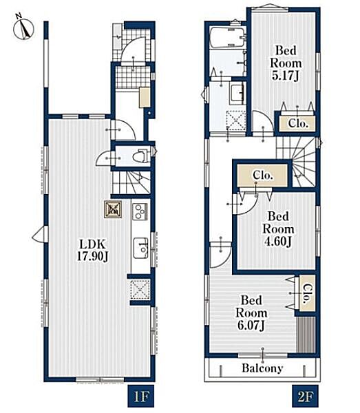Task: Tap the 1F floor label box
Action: (x=141, y=396)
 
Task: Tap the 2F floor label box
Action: (x=305, y=396)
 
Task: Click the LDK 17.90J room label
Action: (x=92, y=251)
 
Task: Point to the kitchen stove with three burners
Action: (x=140, y=211)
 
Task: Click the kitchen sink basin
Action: (x=140, y=248)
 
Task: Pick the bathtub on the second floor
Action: (x=229, y=37)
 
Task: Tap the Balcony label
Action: (x=262, y=368)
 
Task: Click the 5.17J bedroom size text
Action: (x=286, y=76)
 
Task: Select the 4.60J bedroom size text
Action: (x=278, y=242)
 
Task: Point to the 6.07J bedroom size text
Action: (x=251, y=326)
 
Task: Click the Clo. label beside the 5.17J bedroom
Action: (x=298, y=123)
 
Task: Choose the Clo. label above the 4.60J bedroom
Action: (x=262, y=175)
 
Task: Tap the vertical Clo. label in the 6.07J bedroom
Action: (x=307, y=293)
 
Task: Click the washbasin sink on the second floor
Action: (x=238, y=93)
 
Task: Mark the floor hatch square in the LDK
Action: (x=113, y=210)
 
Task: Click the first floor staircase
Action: (x=131, y=182)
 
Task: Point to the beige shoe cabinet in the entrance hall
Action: (x=145, y=98)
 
